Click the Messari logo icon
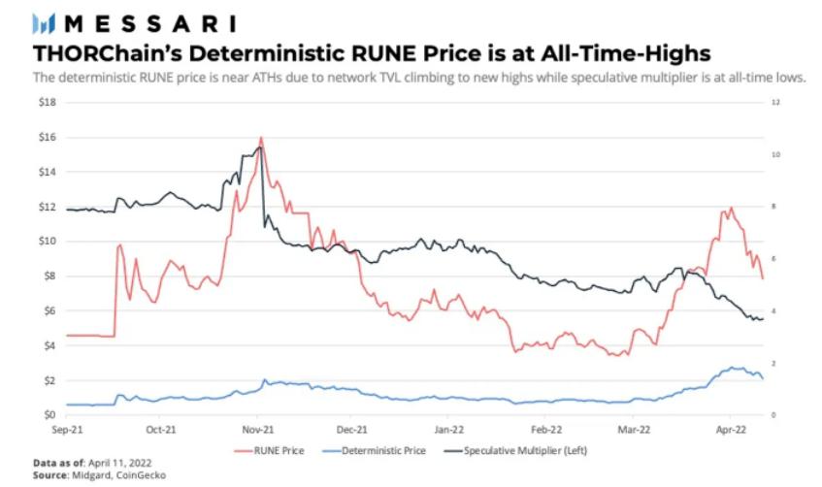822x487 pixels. (x=44, y=21)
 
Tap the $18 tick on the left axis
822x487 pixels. (x=46, y=102)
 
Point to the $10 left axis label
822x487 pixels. (x=46, y=241)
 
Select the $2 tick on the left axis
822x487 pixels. (x=49, y=380)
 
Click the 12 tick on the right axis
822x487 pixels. (x=773, y=102)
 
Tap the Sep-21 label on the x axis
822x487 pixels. (x=65, y=427)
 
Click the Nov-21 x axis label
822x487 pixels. (x=256, y=427)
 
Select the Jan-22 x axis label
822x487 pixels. (x=449, y=427)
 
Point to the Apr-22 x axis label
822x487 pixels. (x=729, y=427)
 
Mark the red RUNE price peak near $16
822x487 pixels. (x=261, y=138)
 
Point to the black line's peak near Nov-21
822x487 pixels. (x=259, y=146)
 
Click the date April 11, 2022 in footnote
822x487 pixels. (x=119, y=463)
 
